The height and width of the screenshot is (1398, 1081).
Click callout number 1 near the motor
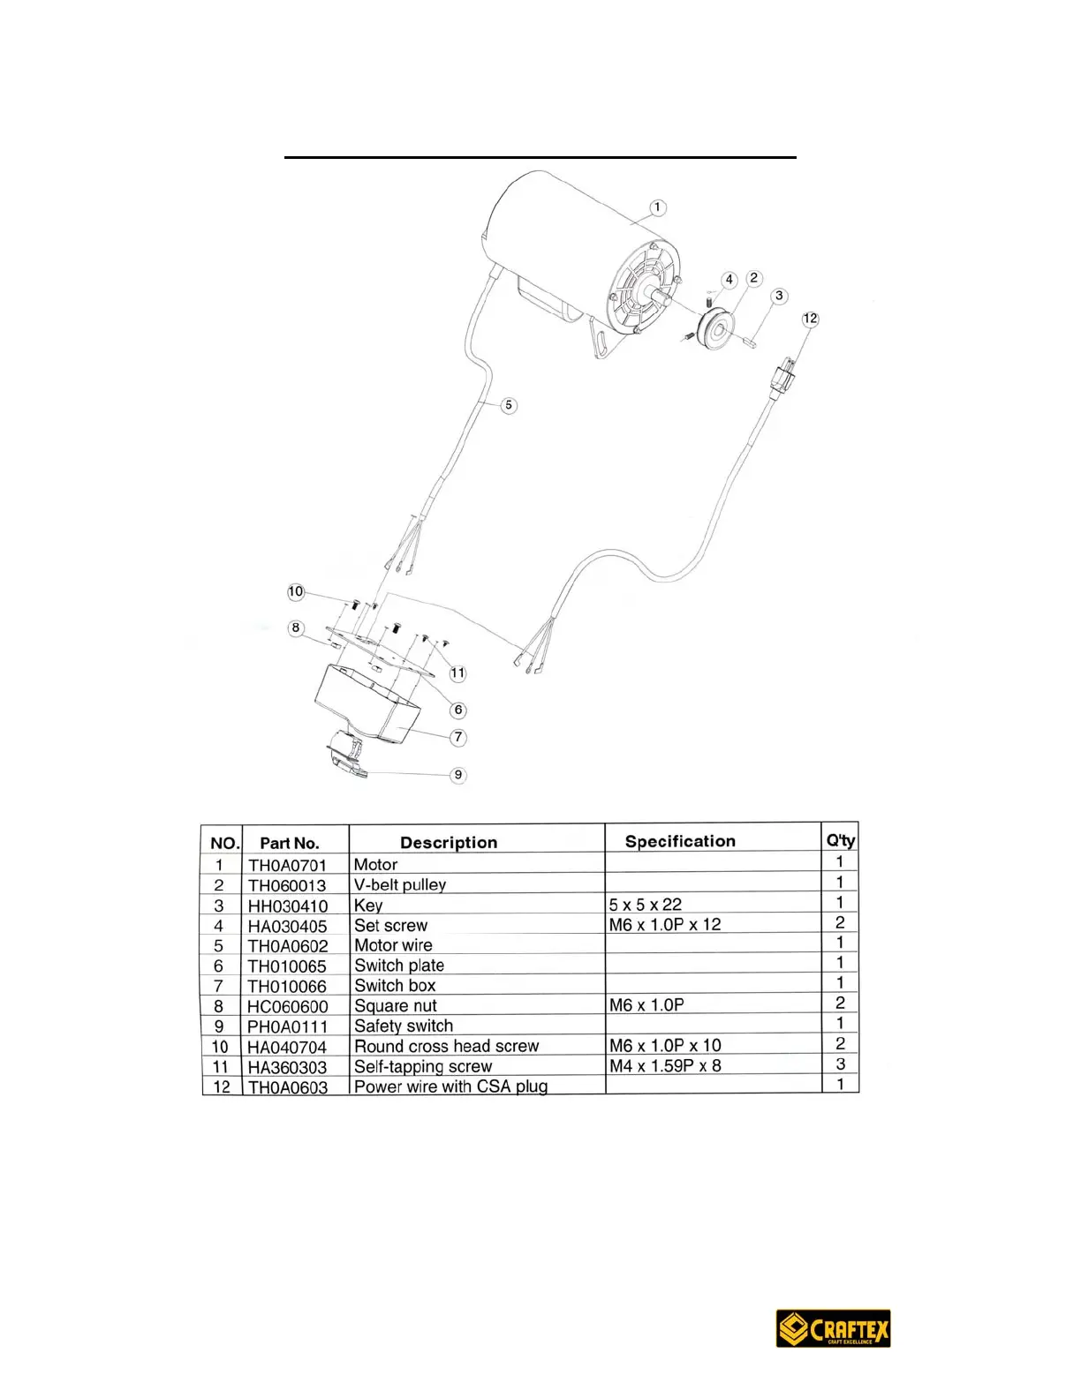(657, 207)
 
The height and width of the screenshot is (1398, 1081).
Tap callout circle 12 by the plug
(810, 319)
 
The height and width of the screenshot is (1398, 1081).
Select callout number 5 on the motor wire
(509, 405)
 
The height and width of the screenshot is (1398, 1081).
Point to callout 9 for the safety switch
(457, 775)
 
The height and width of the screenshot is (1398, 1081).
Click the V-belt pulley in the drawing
(714, 329)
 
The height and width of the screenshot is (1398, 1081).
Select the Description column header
(449, 842)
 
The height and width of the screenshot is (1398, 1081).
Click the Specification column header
(680, 841)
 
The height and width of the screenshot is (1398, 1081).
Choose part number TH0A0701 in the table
(287, 865)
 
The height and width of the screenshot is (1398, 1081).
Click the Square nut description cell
(396, 1006)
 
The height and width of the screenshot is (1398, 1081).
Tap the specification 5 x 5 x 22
(646, 905)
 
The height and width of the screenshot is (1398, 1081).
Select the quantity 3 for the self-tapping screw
(841, 1064)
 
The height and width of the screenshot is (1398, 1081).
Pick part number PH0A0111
(287, 1026)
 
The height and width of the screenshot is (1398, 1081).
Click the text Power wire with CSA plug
(450, 1086)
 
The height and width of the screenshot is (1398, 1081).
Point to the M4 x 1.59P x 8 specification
(665, 1066)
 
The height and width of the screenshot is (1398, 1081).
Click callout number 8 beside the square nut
(296, 628)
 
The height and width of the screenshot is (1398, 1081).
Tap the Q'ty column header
(841, 840)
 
